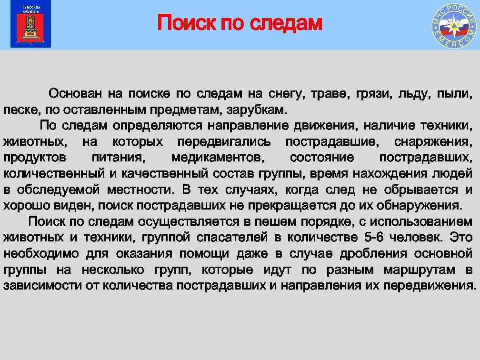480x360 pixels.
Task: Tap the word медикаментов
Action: (x=216, y=158)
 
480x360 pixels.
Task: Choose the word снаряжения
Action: (x=434, y=142)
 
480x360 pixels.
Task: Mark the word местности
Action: (x=136, y=190)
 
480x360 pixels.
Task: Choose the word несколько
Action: (x=113, y=270)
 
